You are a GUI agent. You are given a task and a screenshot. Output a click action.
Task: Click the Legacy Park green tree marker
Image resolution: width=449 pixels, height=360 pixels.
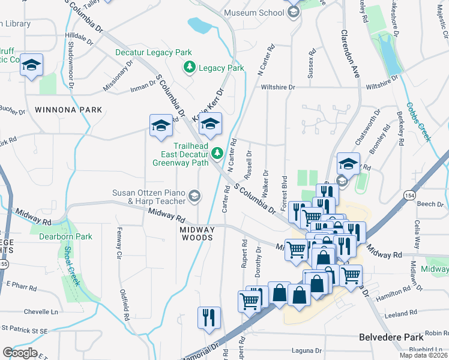tap(190, 68)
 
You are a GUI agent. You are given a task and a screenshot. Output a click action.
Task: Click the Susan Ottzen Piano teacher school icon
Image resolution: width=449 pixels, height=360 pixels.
tap(194, 196)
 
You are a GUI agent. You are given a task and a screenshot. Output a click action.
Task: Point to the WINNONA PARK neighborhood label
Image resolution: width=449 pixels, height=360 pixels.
tap(68, 110)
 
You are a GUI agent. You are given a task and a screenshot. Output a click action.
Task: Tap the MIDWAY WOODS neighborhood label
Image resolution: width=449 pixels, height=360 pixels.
tap(197, 233)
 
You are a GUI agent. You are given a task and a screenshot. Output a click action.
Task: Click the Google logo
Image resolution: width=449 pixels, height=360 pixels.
tap(20, 352)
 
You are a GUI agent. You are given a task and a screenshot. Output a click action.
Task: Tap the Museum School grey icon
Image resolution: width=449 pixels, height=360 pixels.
tap(294, 13)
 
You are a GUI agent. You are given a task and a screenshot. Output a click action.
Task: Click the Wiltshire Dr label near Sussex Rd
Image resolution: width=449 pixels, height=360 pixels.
tap(279, 87)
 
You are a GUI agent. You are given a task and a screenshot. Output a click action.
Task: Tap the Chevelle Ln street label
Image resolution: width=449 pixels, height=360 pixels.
tap(41, 312)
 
